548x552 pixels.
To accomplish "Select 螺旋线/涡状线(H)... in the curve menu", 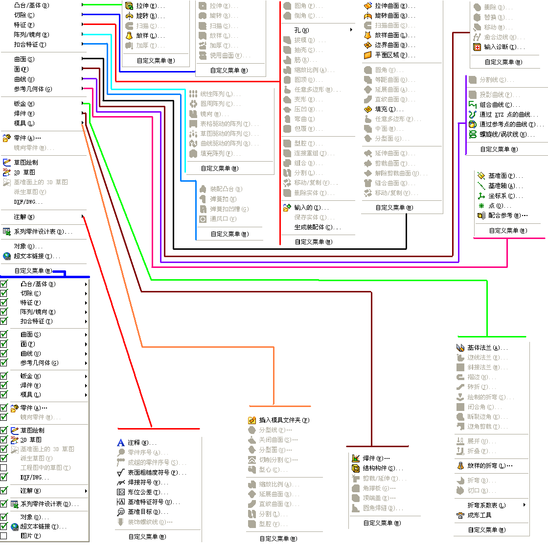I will (506, 134).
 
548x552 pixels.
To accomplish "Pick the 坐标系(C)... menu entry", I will (502, 196).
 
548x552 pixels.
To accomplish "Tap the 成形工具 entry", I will (479, 515).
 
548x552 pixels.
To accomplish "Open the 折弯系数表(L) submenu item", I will (486, 505).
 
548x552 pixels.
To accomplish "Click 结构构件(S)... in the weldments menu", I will (382, 468).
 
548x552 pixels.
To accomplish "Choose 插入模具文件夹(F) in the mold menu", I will (283, 420).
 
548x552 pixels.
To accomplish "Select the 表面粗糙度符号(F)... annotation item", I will (157, 473).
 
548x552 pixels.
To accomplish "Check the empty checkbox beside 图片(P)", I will (4, 536).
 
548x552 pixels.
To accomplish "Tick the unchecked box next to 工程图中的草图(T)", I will (4, 468).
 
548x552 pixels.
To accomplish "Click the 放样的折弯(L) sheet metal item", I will (489, 466).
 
